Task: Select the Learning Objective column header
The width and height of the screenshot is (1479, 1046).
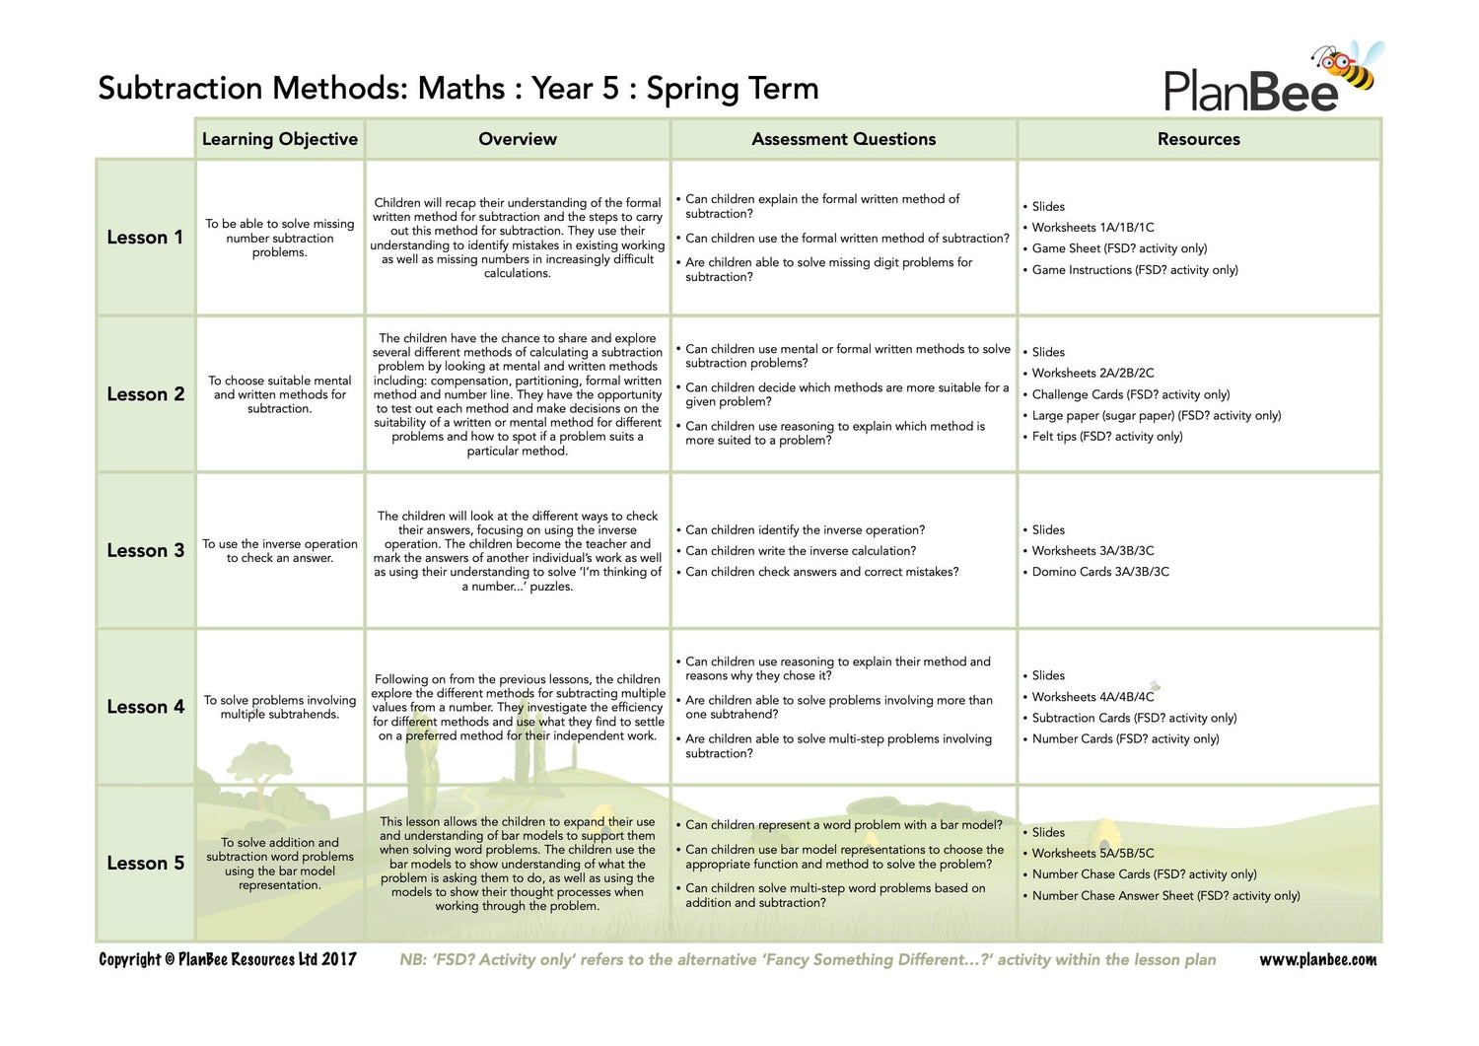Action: pyautogui.click(x=279, y=140)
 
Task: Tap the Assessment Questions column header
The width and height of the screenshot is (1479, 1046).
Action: pyautogui.click(x=843, y=140)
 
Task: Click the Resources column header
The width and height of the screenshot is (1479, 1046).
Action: pyautogui.click(x=1198, y=140)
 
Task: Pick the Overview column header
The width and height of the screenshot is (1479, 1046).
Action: pyautogui.click(x=517, y=140)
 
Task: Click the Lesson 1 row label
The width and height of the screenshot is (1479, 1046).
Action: pyautogui.click(x=145, y=238)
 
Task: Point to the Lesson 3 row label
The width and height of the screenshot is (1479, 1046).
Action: pyautogui.click(x=145, y=551)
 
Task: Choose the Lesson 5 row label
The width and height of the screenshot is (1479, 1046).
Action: pyautogui.click(x=145, y=864)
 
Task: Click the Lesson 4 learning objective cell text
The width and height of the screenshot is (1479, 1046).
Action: pyautogui.click(x=279, y=707)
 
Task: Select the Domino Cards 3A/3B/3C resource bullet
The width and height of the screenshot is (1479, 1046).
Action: pyautogui.click(x=1099, y=572)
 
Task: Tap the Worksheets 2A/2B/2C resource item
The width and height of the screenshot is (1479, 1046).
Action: pyautogui.click(x=1092, y=374)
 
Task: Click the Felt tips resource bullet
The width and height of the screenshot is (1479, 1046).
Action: pyautogui.click(x=1106, y=437)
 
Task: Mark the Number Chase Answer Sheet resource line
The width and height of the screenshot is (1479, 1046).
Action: pyautogui.click(x=1165, y=896)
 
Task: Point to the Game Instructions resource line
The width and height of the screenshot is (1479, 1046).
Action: pyautogui.click(x=1134, y=270)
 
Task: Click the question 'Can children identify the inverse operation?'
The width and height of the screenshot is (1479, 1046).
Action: pyautogui.click(x=805, y=530)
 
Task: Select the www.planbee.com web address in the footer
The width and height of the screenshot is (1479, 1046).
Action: pyautogui.click(x=1317, y=960)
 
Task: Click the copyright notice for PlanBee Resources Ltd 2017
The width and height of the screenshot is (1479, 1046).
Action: pyautogui.click(x=228, y=960)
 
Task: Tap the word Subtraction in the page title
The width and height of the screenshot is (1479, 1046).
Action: pyautogui.click(x=180, y=89)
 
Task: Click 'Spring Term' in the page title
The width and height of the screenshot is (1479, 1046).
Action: pyautogui.click(x=732, y=89)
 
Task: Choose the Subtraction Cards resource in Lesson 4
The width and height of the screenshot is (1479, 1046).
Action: pyautogui.click(x=1134, y=719)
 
